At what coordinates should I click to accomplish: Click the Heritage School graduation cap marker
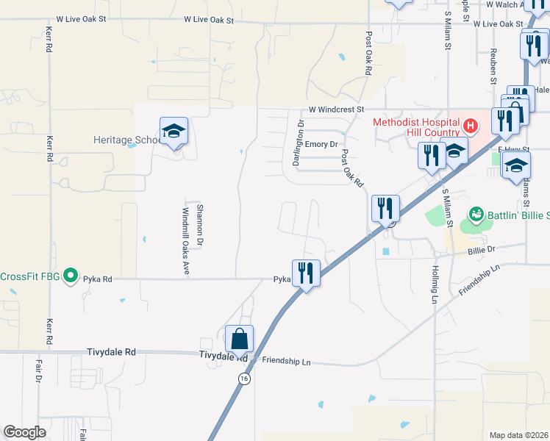(174, 132)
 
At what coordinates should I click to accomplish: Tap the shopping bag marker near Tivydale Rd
(240, 339)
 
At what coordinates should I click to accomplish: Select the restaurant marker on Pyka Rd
(306, 273)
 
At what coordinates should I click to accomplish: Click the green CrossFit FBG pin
(71, 276)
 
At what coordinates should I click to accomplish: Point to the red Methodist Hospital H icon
(471, 126)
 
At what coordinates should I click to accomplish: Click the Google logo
(25, 432)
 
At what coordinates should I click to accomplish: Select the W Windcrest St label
(336, 109)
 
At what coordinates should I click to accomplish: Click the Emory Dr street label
(321, 145)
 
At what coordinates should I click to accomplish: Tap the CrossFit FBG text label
(29, 277)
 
